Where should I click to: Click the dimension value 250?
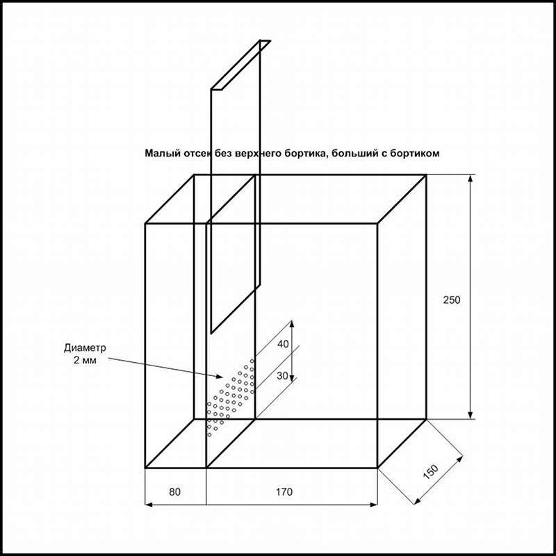[x=451, y=300]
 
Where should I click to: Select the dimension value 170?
[x=284, y=492]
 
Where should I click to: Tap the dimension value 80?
[x=174, y=492]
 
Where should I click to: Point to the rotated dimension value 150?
[x=431, y=472]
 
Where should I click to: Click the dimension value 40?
[x=283, y=343]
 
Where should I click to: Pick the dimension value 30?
[x=282, y=375]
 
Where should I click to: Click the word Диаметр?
[x=85, y=348]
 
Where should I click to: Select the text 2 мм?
[x=85, y=361]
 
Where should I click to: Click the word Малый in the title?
[x=163, y=153]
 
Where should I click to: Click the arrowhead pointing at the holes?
[x=220, y=376]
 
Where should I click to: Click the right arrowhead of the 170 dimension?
[x=373, y=505]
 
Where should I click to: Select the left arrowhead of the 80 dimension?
[x=149, y=505]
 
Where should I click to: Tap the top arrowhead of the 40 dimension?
[x=292, y=324]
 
